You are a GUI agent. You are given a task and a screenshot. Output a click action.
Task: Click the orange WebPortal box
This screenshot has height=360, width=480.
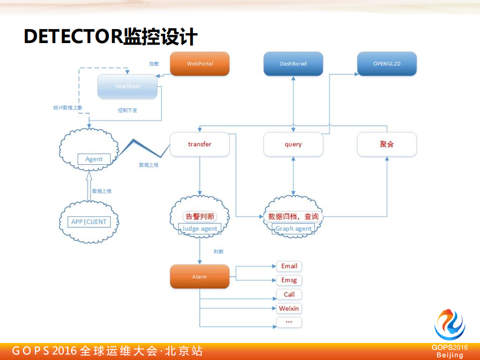tap(200, 64)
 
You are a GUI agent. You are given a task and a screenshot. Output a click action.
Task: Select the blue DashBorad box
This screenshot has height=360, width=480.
tap(293, 64)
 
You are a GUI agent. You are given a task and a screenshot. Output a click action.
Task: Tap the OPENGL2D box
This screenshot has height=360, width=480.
tap(386, 64)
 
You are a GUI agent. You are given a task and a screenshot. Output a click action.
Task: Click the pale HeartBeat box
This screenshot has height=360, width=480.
tap(128, 87)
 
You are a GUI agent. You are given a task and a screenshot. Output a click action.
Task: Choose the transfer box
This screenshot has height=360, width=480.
tap(200, 144)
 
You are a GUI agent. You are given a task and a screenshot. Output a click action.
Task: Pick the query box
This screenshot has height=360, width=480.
tap(293, 144)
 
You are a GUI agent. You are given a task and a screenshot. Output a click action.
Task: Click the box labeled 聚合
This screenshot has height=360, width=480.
tap(387, 144)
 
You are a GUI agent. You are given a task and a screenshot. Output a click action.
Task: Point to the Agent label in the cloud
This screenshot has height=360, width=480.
tap(94, 159)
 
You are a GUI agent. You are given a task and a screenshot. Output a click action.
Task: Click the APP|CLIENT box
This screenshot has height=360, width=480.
tap(89, 222)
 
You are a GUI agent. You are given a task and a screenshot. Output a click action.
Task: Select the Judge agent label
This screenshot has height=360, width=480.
tap(200, 229)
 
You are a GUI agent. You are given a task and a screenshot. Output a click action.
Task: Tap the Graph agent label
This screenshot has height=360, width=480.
tap(293, 229)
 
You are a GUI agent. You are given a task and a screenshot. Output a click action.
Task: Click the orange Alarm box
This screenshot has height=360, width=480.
tap(200, 277)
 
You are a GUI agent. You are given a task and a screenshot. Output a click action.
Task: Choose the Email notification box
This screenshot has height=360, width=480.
tap(289, 266)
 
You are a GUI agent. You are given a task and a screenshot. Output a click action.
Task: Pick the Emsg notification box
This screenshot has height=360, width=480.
tap(289, 280)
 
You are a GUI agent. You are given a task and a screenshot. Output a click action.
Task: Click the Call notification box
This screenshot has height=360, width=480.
tap(289, 294)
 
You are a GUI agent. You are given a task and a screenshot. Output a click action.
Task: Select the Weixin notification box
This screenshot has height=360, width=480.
tap(289, 308)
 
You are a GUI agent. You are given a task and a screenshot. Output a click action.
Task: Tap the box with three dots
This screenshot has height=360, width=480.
tap(289, 322)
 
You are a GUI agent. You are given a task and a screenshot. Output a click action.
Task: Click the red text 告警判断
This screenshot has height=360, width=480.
tap(200, 217)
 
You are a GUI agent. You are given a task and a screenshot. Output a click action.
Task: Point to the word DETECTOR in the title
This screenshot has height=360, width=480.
tap(73, 37)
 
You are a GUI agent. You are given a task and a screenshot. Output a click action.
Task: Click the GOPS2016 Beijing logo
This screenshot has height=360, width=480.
tap(449, 332)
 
